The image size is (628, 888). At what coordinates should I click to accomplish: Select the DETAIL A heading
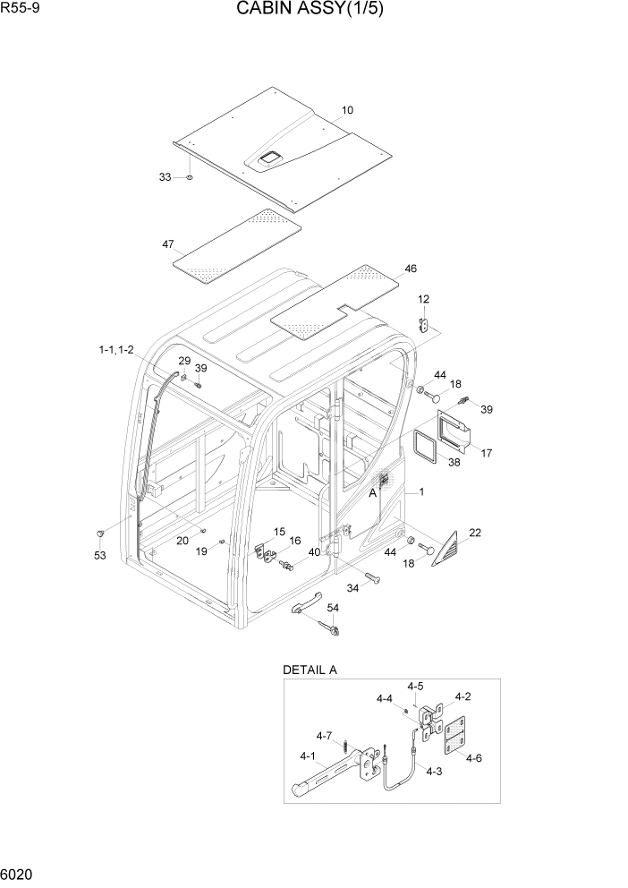[310, 670]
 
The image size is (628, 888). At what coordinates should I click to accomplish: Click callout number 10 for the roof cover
[347, 110]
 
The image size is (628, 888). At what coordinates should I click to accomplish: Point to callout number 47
[167, 244]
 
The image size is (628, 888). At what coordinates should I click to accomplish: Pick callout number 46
[411, 268]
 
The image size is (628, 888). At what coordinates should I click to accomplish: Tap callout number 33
[165, 177]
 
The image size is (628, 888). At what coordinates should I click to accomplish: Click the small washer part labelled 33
[190, 178]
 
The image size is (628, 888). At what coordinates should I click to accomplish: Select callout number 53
[99, 556]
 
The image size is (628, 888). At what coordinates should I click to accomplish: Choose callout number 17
[487, 453]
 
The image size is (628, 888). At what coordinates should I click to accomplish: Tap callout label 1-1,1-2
[116, 350]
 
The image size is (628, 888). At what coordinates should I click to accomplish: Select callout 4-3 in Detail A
[433, 771]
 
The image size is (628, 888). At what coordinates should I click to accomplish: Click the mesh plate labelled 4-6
[454, 735]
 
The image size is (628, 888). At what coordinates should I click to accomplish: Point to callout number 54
[333, 608]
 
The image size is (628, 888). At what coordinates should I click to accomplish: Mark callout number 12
[423, 299]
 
